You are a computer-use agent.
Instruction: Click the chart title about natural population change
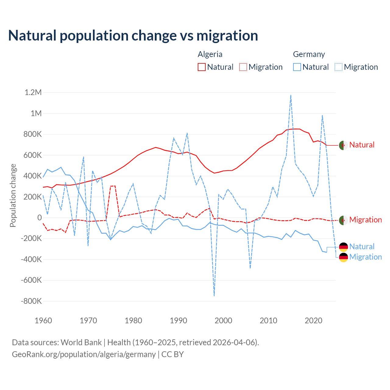point(133,36)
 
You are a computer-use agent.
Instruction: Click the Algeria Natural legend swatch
point(202,67)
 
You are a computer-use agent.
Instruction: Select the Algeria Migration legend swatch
point(243,67)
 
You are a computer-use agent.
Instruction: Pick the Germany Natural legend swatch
point(297,67)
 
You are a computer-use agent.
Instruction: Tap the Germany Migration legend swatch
point(339,67)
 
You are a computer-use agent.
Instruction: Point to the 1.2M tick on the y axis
point(33,92)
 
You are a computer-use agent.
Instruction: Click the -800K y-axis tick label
point(31,301)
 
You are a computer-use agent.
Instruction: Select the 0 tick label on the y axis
point(40,218)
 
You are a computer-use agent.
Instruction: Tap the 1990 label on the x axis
point(179,321)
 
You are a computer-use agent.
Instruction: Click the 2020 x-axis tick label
point(314,321)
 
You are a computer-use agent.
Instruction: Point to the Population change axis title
point(13,195)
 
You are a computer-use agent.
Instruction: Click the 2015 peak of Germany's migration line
point(291,95)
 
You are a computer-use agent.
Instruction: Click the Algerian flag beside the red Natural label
point(343,145)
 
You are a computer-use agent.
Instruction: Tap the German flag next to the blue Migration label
point(343,257)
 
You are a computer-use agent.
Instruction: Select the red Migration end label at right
point(365,220)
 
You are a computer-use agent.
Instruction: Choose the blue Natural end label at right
point(362,246)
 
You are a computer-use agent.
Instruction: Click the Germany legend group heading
point(309,54)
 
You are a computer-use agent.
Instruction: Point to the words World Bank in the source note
point(81,342)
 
